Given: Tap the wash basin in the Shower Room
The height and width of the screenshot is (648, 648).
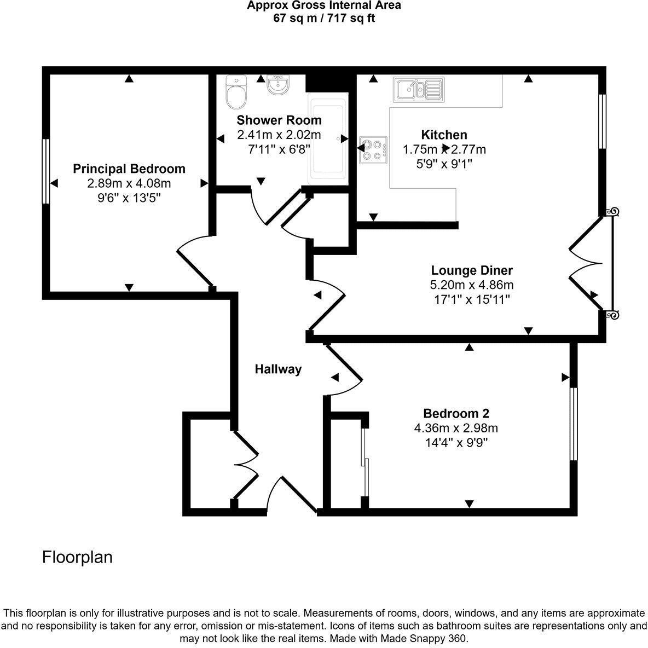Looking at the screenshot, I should tap(279, 84).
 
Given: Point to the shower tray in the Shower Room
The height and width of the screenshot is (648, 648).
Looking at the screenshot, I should tap(327, 139).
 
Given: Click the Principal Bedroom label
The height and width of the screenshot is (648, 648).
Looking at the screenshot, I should tap(129, 169).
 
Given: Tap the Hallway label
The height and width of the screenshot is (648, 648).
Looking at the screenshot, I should tap(278, 369).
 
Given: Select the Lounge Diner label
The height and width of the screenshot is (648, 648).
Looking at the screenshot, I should tap(472, 270).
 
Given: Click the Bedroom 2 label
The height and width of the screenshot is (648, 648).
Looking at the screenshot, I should tap(456, 414).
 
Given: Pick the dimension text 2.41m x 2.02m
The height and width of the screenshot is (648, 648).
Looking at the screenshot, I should tap(279, 135).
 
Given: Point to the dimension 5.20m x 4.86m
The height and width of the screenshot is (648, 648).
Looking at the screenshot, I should tap(472, 285).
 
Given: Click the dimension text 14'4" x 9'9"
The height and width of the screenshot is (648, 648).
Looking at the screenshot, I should tap(456, 442).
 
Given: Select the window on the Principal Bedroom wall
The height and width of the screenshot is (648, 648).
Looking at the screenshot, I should tap(46, 171).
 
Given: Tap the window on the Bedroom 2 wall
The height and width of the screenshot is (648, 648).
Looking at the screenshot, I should tap(573, 424).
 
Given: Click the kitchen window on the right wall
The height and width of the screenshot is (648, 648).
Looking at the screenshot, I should tap(603, 121).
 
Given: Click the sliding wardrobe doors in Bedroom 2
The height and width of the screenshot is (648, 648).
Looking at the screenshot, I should tap(365, 461).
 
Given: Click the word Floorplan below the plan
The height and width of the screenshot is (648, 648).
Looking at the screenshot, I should tap(77, 557).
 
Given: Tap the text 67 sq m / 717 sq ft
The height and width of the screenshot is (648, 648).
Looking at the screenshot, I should tap(323, 18).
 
